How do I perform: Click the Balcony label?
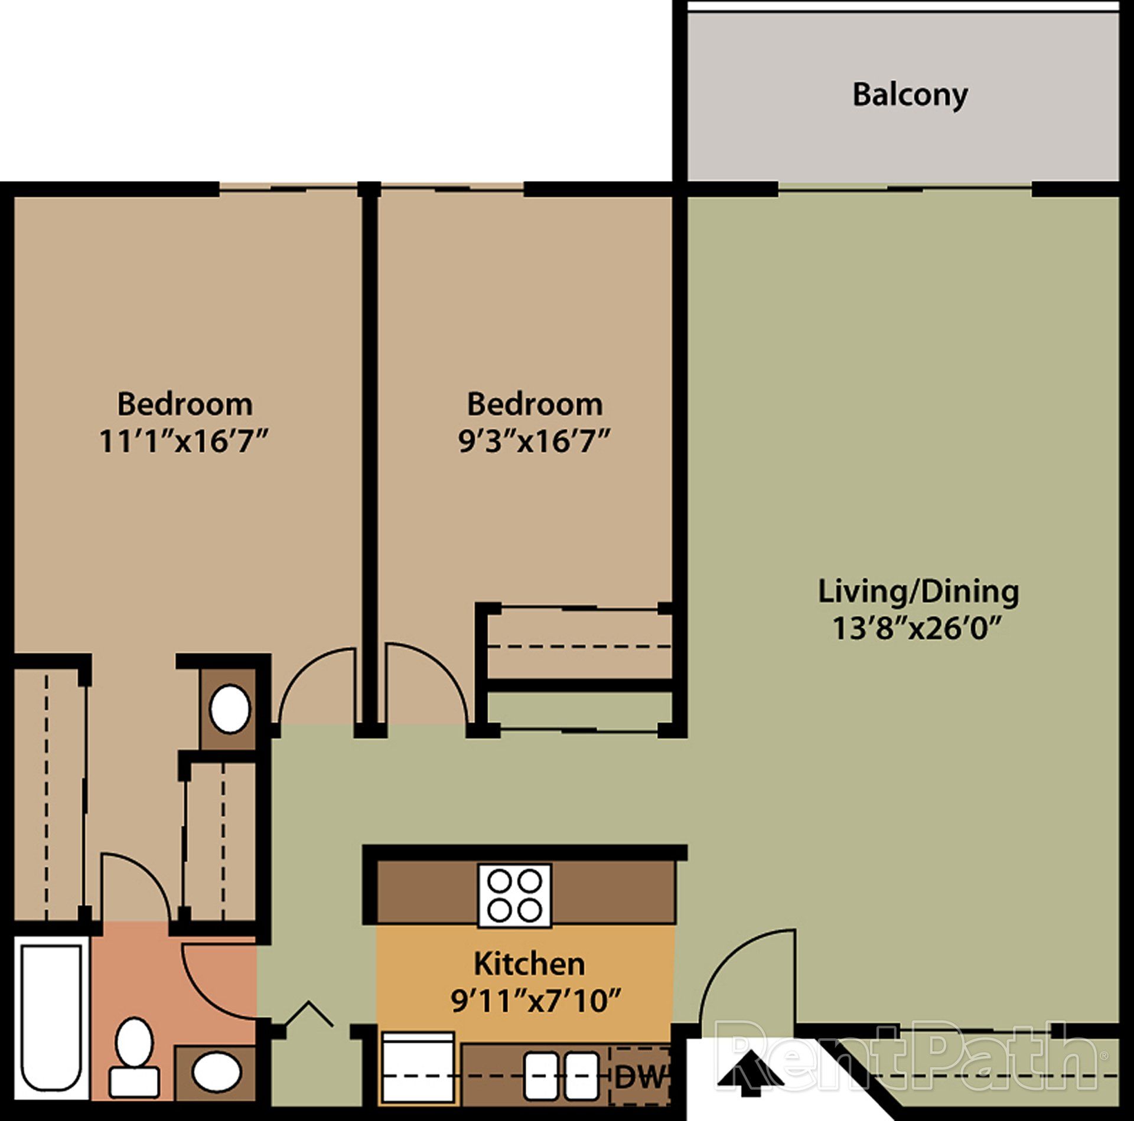(910, 95)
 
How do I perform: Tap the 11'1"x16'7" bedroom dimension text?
(184, 442)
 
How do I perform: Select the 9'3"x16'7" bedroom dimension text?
(535, 442)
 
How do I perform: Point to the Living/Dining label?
(918, 592)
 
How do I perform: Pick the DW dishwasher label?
(640, 1078)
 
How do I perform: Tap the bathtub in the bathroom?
(51, 1028)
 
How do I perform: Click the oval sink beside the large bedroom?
(230, 709)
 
